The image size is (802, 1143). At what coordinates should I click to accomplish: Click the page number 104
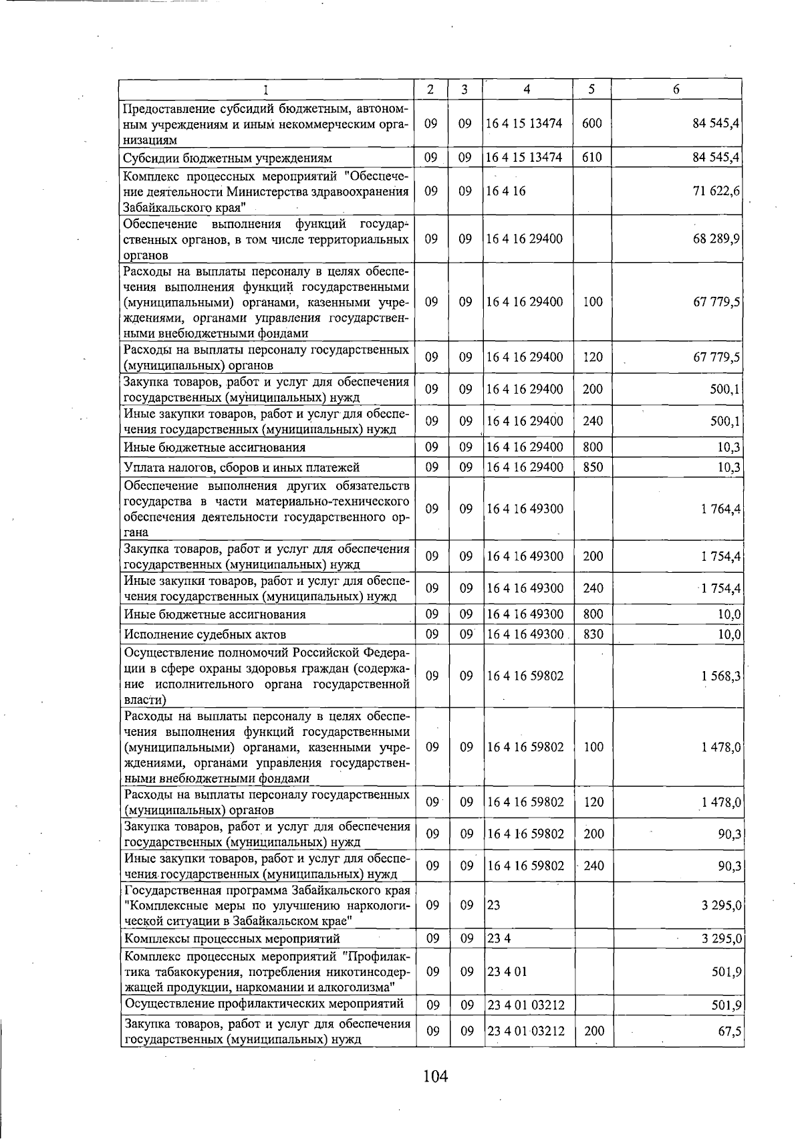(x=434, y=1076)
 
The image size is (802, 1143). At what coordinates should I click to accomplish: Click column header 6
(x=676, y=90)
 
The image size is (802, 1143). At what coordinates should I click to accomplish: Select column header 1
(x=266, y=90)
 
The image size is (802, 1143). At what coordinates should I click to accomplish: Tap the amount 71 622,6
(x=716, y=191)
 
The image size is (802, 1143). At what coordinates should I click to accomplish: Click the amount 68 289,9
(x=716, y=239)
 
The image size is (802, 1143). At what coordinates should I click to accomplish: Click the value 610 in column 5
(x=592, y=158)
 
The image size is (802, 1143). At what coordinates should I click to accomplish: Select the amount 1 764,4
(x=720, y=509)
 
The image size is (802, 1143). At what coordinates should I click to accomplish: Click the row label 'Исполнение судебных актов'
(x=205, y=634)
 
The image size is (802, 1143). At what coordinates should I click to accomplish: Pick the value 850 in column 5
(x=593, y=467)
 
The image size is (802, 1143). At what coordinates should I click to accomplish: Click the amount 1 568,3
(x=720, y=676)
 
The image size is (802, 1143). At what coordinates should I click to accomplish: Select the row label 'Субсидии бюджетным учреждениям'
(x=227, y=158)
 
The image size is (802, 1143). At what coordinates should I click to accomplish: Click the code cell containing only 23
(x=494, y=905)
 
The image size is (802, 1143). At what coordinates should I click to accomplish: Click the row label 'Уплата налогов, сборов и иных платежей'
(x=242, y=467)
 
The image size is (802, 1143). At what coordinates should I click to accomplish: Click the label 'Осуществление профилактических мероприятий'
(x=264, y=1003)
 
